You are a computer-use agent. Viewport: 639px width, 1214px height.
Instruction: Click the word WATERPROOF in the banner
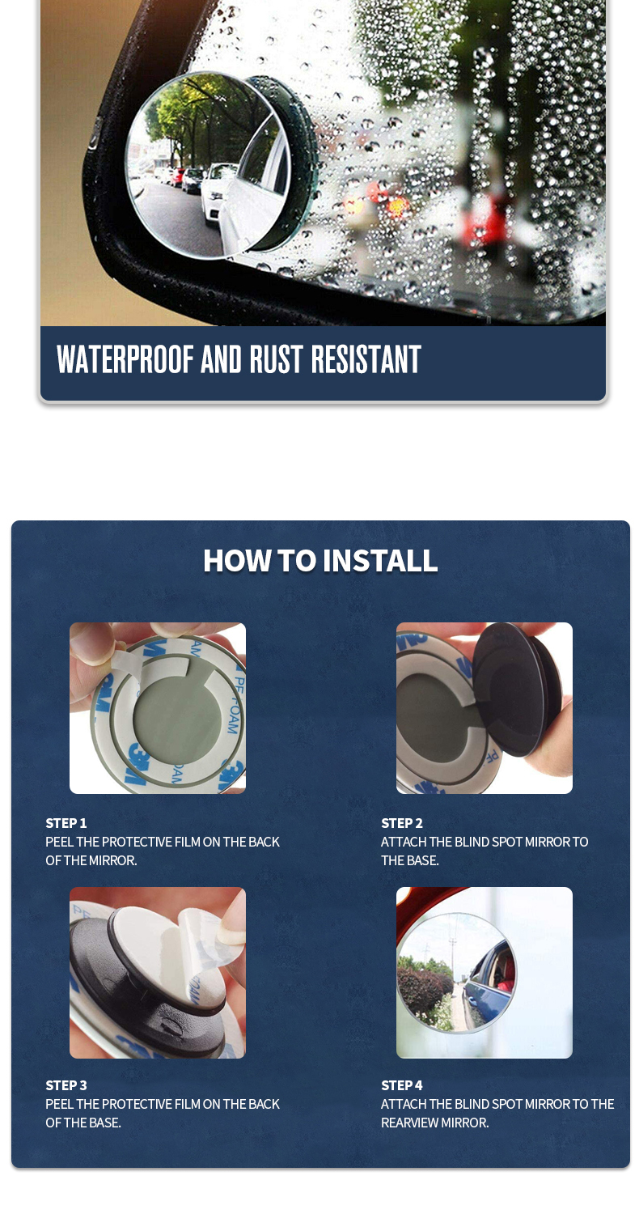(125, 359)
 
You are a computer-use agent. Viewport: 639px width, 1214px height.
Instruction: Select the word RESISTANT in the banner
(366, 359)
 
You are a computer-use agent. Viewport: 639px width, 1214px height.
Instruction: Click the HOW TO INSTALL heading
(320, 560)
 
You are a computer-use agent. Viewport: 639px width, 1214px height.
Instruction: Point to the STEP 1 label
(66, 823)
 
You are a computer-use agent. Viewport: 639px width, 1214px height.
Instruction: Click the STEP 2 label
(402, 823)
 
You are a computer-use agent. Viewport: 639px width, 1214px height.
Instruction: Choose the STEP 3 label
(66, 1085)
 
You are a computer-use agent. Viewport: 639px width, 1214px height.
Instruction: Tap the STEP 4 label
(402, 1085)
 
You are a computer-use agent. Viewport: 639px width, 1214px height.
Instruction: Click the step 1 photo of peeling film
(158, 708)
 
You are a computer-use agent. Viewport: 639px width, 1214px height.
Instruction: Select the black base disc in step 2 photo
(515, 688)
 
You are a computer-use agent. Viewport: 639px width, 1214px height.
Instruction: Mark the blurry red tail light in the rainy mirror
(398, 205)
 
